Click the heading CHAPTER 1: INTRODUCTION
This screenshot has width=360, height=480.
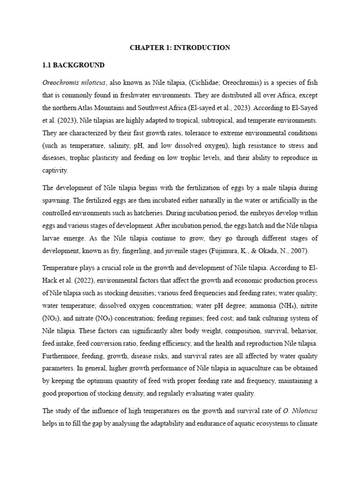pyautogui.click(x=180, y=47)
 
